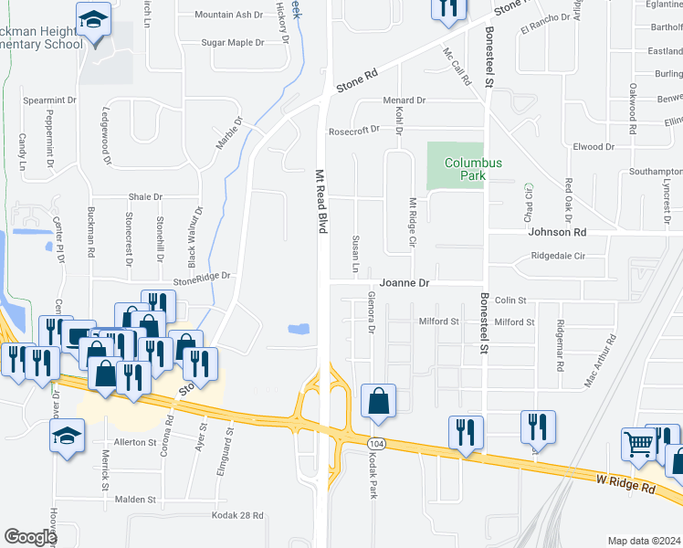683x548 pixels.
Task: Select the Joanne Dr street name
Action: [405, 284]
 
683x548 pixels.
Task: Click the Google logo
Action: [30, 537]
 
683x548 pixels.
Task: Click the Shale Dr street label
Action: [145, 196]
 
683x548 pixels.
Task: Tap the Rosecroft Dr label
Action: [353, 131]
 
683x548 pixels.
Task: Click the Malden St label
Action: [136, 500]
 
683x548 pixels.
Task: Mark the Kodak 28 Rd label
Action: [237, 516]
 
